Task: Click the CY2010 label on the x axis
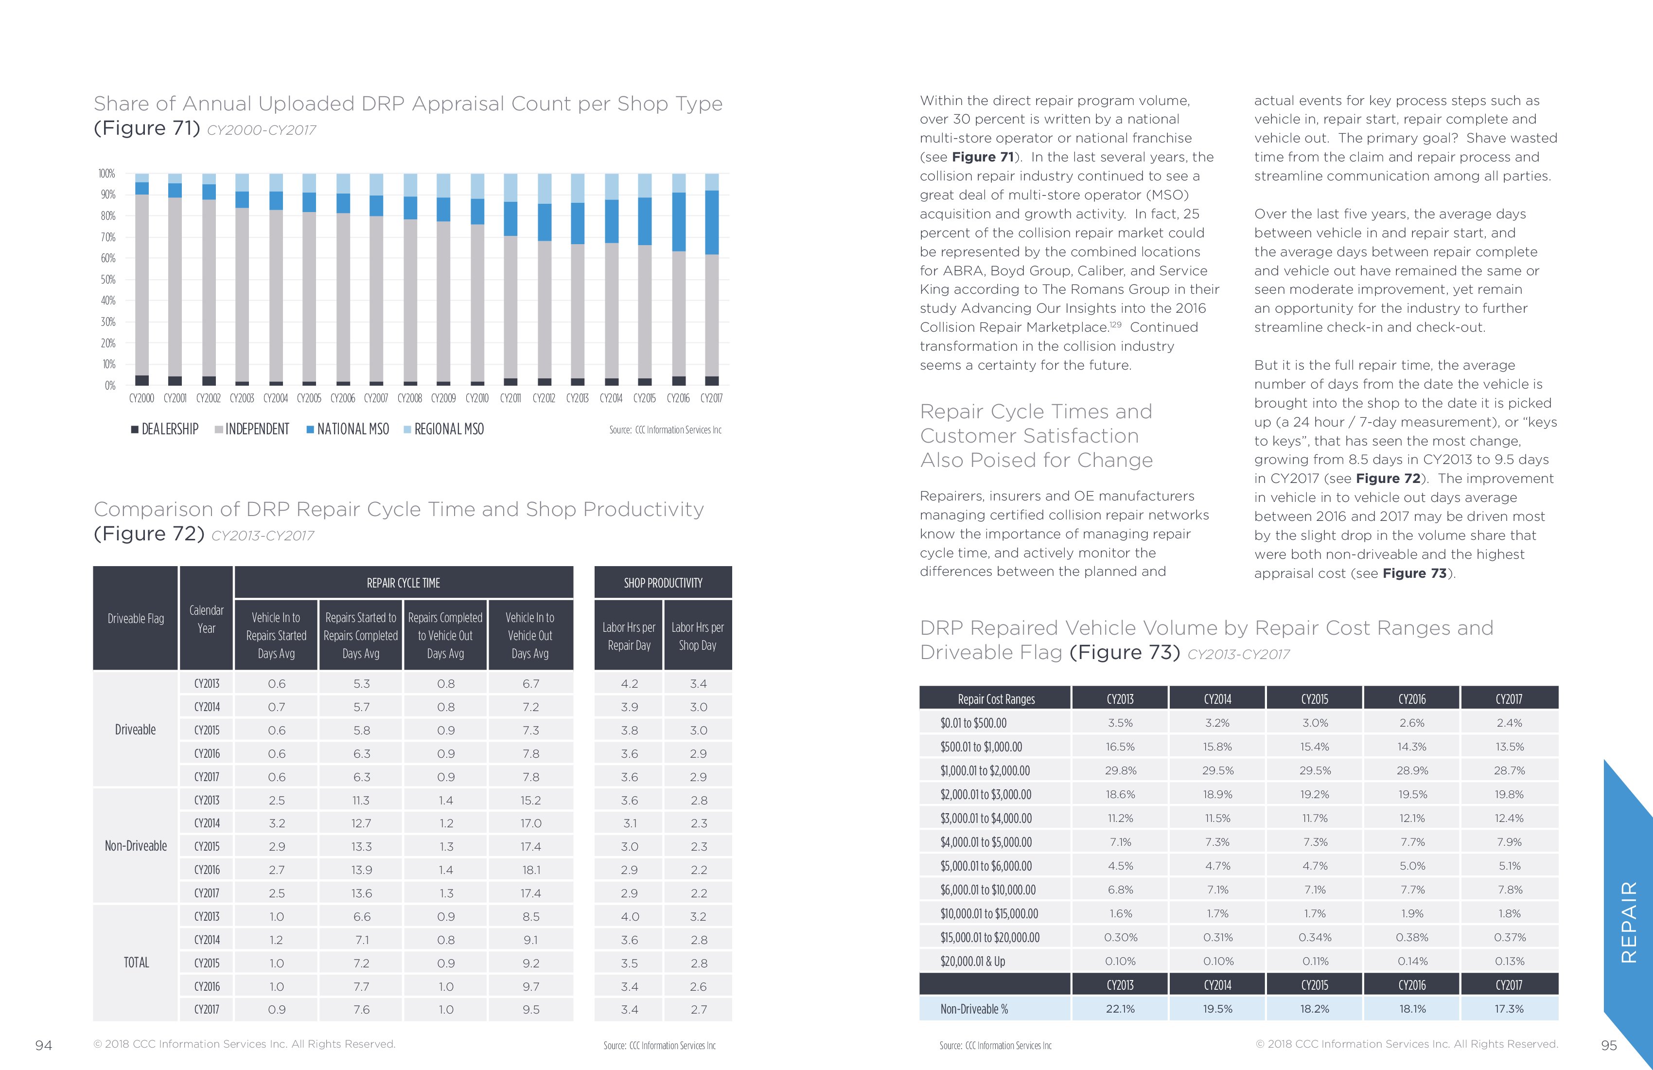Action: (476, 398)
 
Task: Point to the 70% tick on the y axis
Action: (107, 237)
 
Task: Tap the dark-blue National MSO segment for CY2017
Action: (712, 222)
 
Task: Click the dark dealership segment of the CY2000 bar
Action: (141, 380)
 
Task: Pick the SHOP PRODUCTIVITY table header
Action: (663, 583)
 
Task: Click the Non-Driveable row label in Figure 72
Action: (136, 846)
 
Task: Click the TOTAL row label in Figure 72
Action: (136, 963)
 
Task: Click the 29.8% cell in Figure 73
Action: (1120, 770)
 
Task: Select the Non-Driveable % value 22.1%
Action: (1120, 1009)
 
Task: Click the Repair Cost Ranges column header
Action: (996, 699)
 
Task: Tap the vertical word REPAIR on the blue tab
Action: (1628, 921)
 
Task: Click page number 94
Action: (44, 1045)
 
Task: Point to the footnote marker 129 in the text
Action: (1115, 324)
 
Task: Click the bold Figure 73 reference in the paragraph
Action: (1414, 573)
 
